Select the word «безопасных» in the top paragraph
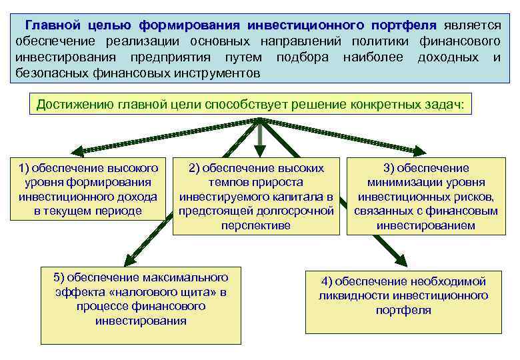(x=47, y=72)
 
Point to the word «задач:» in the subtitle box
(x=452, y=105)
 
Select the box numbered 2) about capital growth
(x=256, y=196)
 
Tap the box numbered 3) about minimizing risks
(x=426, y=196)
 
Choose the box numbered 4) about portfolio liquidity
(x=403, y=295)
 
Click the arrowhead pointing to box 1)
(x=75, y=151)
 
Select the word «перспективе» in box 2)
(x=256, y=225)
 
